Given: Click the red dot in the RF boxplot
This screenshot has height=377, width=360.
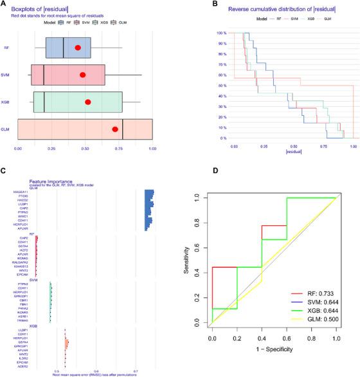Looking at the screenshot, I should coord(78,48).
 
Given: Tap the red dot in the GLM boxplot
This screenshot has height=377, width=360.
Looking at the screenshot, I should coord(115,129).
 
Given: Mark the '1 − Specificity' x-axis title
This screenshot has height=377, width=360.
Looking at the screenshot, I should coord(274,349).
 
